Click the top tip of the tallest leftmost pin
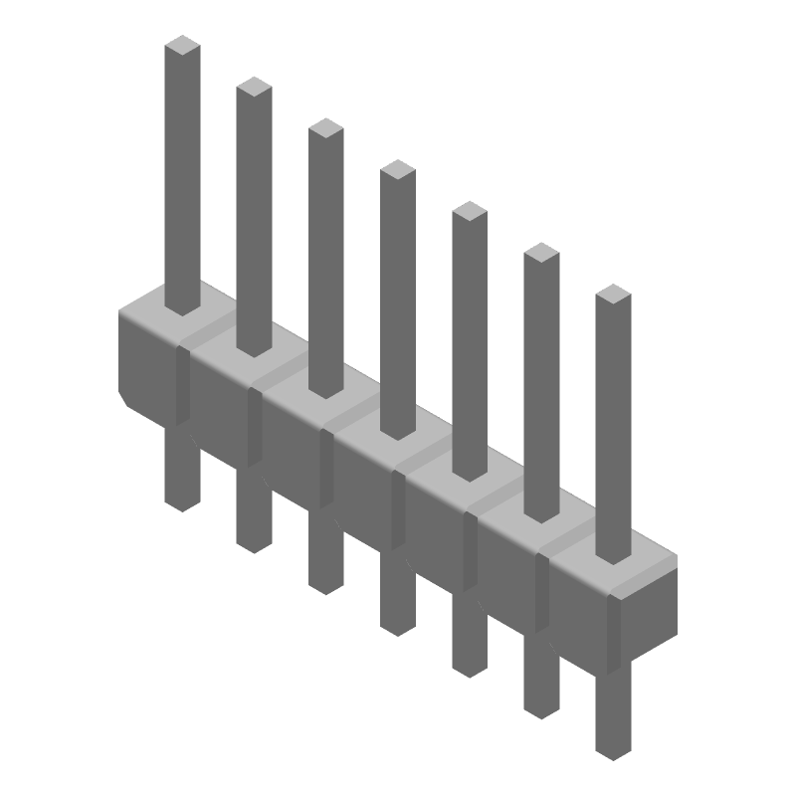pos(182,46)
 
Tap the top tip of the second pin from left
pos(254,88)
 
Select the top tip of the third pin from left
pos(325,128)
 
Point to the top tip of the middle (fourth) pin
pos(397,170)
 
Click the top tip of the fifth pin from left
pos(469,212)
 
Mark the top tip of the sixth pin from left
pos(541,253)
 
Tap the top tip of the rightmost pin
pos(613,295)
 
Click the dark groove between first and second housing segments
pos(182,383)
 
